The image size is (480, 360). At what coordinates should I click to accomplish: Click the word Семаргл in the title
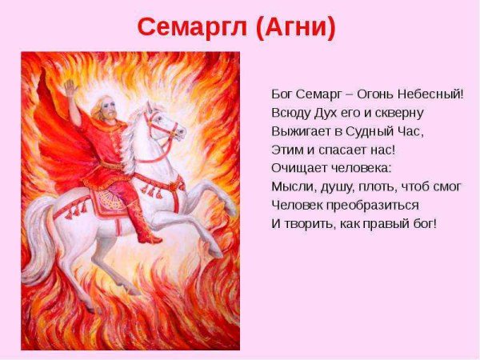click(x=190, y=27)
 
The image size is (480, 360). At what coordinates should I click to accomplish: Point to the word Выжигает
click(x=300, y=130)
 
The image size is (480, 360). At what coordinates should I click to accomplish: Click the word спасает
click(x=342, y=149)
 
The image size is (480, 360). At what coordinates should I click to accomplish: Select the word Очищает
click(x=299, y=167)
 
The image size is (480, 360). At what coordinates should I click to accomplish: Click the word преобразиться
click(x=362, y=204)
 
